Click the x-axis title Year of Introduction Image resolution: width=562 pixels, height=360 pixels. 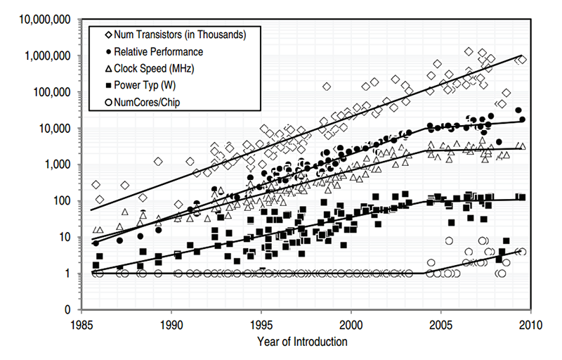pyautogui.click(x=306, y=342)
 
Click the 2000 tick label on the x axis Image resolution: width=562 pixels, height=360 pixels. pyautogui.click(x=351, y=325)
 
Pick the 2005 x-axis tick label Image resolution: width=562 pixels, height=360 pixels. pyautogui.click(x=440, y=325)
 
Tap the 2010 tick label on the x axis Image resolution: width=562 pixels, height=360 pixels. pyautogui.click(x=530, y=325)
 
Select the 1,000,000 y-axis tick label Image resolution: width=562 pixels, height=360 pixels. pyautogui.click(x=48, y=56)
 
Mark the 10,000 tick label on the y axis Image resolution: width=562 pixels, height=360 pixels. pyautogui.click(x=55, y=129)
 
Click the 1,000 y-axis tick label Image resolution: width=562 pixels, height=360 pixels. pyautogui.click(x=58, y=165)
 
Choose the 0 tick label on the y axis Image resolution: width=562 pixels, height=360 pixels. pyautogui.click(x=70, y=310)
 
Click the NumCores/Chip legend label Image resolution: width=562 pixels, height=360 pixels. pyautogui.click(x=149, y=104)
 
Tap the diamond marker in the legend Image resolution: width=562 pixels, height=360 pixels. pyautogui.click(x=104, y=34)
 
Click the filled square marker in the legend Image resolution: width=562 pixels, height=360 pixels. pyautogui.click(x=104, y=86)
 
